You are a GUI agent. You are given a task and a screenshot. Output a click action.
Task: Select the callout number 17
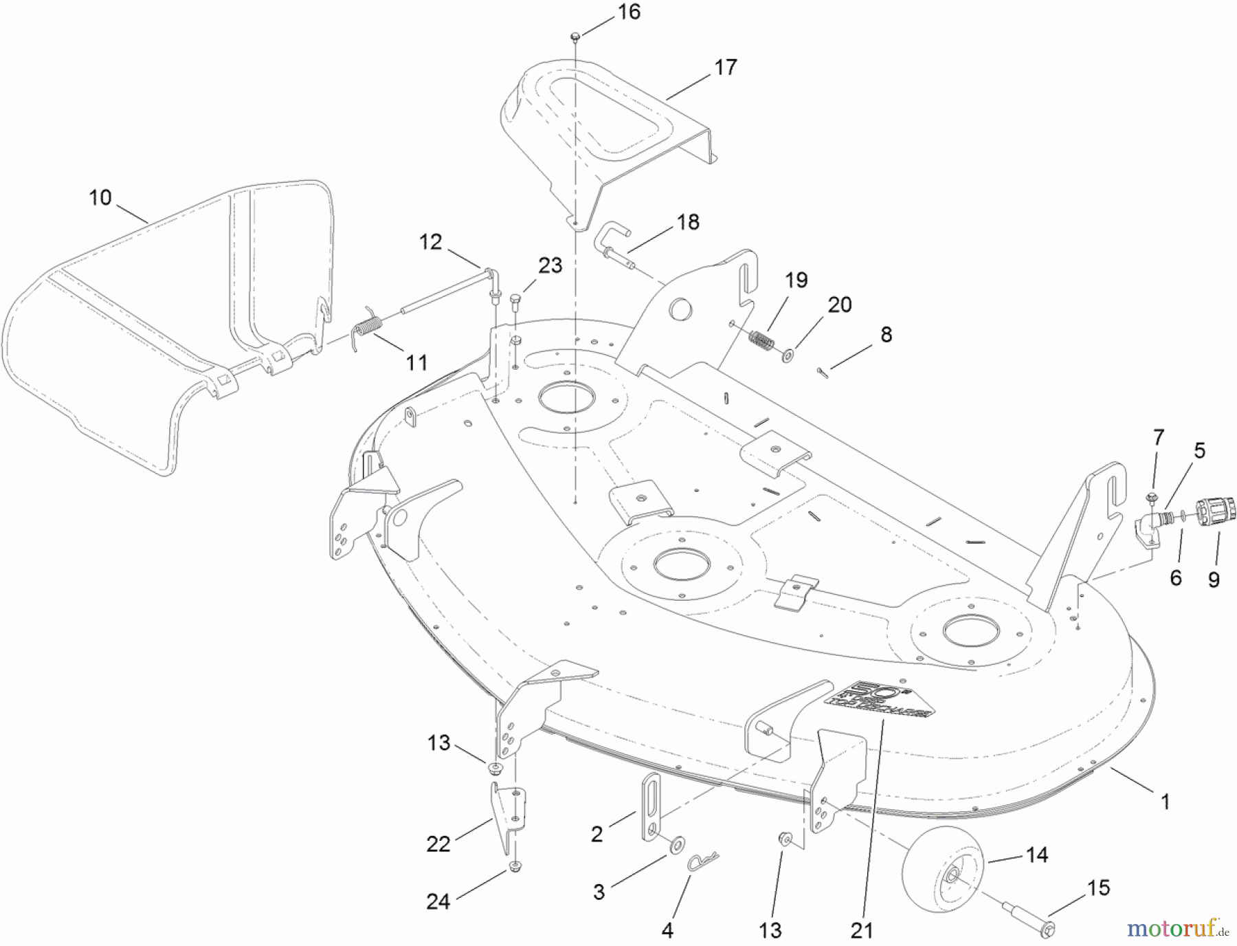pyautogui.click(x=725, y=67)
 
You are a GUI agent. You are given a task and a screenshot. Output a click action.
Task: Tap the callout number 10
pyautogui.click(x=100, y=198)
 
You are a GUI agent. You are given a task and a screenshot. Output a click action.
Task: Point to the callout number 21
pyautogui.click(x=861, y=930)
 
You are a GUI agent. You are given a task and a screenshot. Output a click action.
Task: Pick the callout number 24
pyautogui.click(x=438, y=901)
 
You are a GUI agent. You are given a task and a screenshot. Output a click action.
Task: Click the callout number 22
pyautogui.click(x=438, y=844)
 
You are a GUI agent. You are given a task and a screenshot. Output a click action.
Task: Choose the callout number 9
pyautogui.click(x=1214, y=580)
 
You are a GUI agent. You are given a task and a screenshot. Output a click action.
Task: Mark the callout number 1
pyautogui.click(x=1165, y=802)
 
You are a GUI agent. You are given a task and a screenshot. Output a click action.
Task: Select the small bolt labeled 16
pyautogui.click(x=575, y=35)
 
